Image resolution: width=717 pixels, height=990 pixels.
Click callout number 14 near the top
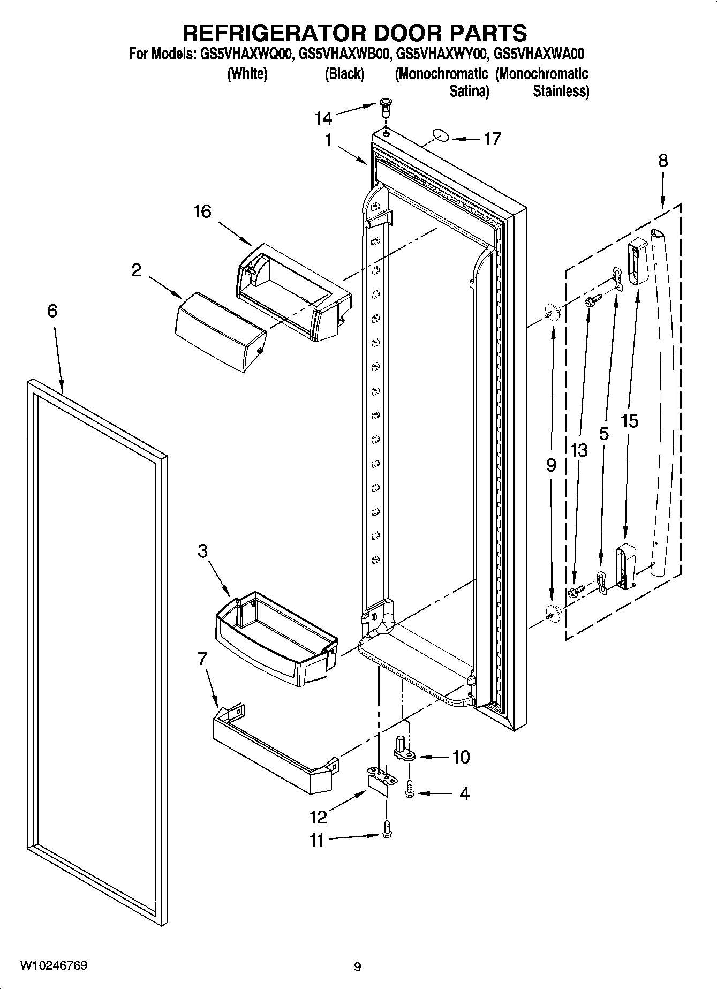point(323,118)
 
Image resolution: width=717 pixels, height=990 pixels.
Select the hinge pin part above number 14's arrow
point(385,107)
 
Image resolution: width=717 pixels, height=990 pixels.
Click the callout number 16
point(202,211)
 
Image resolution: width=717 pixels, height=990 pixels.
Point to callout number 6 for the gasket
point(52,311)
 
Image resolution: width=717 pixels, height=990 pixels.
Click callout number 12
point(318,817)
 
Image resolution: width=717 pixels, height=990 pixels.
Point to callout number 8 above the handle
point(663,161)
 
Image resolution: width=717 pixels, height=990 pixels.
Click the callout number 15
point(630,421)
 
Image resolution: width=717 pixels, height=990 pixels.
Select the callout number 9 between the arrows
point(551,465)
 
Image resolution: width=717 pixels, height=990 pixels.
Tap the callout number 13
point(579,450)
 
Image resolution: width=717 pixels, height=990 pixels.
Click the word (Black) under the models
point(344,74)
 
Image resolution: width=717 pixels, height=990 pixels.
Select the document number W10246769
point(54,965)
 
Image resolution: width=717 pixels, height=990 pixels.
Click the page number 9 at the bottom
point(358,967)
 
